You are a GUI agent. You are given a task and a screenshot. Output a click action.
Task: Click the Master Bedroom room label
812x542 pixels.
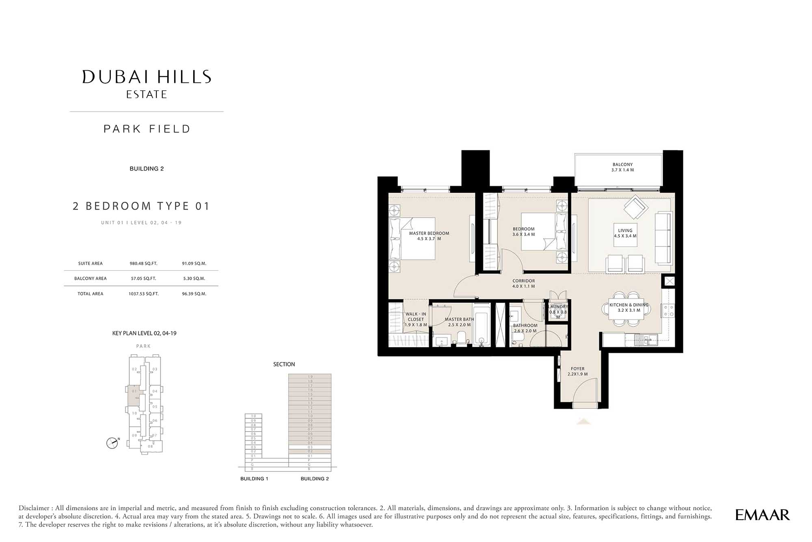(429, 236)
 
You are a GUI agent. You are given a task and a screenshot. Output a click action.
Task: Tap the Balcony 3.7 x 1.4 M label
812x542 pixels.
(622, 167)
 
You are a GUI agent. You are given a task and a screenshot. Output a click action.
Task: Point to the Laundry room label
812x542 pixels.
(558, 309)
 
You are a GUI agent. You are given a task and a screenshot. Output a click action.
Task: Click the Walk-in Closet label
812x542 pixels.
(416, 319)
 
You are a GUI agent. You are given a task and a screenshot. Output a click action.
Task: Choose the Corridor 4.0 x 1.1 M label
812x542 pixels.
(523, 283)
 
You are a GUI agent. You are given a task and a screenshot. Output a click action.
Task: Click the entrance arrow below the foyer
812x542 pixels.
(583, 421)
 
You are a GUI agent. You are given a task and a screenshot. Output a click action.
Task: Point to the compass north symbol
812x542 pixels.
(112, 443)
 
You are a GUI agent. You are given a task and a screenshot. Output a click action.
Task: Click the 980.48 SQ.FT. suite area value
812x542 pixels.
(143, 263)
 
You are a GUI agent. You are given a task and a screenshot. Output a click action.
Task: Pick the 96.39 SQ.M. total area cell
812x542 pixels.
(194, 294)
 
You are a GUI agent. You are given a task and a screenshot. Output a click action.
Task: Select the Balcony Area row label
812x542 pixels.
(90, 279)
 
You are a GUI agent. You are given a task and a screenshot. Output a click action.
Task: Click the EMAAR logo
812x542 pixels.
(762, 515)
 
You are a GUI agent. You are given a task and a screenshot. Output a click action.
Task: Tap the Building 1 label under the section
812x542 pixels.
(254, 479)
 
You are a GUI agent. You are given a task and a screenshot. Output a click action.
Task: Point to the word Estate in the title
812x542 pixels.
(147, 95)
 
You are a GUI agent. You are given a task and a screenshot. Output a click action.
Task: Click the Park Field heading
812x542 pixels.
(147, 129)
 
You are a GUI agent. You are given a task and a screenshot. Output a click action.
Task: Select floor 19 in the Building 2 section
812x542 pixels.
(310, 377)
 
